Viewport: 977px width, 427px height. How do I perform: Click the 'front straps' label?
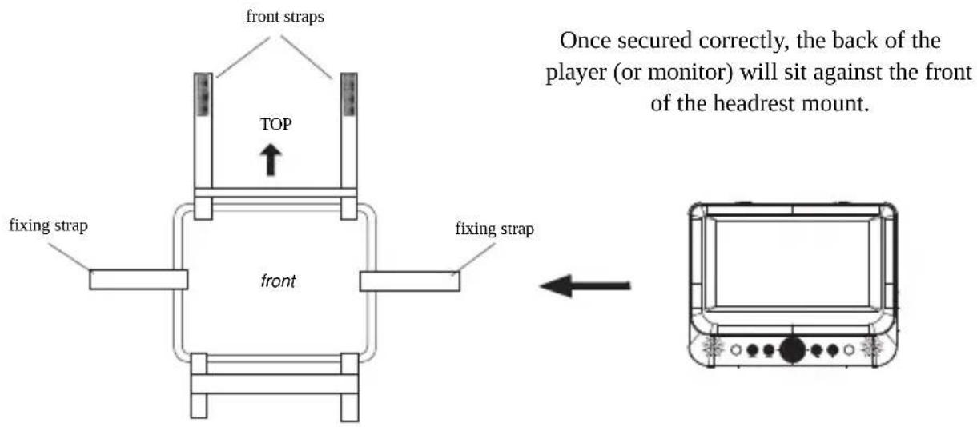(x=285, y=17)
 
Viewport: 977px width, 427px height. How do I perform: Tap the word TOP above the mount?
(x=276, y=124)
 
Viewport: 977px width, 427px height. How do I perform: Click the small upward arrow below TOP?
(x=271, y=160)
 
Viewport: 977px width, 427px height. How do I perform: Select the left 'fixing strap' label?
(x=48, y=225)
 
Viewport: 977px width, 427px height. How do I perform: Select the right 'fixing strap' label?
(x=495, y=229)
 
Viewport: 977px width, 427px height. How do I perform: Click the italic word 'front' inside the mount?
(x=278, y=281)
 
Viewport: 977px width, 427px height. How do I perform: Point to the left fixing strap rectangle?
(x=139, y=280)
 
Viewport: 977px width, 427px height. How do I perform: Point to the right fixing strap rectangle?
(x=409, y=281)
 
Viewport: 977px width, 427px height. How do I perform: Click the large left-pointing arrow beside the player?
(x=585, y=286)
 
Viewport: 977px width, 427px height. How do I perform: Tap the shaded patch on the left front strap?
(x=203, y=94)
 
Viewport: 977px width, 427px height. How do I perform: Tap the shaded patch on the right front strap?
(x=349, y=94)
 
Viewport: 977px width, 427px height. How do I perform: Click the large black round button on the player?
(x=792, y=350)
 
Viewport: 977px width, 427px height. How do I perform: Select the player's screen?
(x=792, y=264)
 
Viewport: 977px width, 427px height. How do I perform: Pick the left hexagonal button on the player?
(x=736, y=350)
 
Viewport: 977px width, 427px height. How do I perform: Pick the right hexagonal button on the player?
(x=849, y=350)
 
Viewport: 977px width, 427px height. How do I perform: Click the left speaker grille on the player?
(x=713, y=348)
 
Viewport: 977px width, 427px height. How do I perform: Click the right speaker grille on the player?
(x=871, y=348)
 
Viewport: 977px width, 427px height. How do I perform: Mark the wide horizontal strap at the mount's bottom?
(x=275, y=384)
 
